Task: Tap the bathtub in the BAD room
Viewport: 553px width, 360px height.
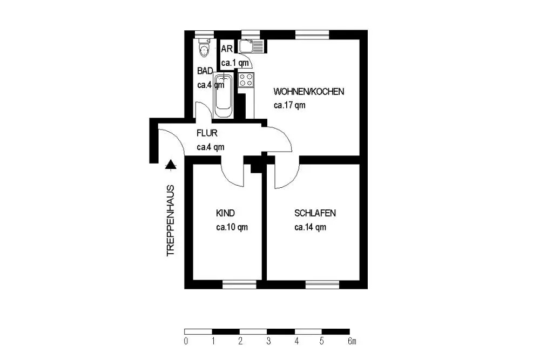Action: [223, 96]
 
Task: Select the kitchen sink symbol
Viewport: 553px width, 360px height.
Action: [251, 46]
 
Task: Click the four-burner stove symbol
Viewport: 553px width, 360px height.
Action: [246, 80]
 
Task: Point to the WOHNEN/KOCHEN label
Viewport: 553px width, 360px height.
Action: [308, 92]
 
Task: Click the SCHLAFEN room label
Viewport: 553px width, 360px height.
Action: [315, 213]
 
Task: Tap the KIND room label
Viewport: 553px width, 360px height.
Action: [225, 213]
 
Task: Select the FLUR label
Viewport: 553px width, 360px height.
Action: [207, 133]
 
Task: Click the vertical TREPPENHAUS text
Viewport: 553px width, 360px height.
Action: [171, 220]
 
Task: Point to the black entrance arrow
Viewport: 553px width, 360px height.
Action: [171, 164]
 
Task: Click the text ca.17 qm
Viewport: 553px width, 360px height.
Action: [289, 105]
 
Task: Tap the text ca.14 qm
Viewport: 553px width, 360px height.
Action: [310, 227]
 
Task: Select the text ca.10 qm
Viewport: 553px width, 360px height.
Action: [232, 227]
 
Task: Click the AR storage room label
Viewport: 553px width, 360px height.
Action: [227, 49]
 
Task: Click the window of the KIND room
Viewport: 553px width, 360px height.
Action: [239, 284]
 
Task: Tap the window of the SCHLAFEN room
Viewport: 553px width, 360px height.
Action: [322, 284]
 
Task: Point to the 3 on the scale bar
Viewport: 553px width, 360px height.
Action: [268, 341]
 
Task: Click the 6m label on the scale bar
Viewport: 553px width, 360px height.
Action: [352, 341]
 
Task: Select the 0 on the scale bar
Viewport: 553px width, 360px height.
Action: [186, 341]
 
